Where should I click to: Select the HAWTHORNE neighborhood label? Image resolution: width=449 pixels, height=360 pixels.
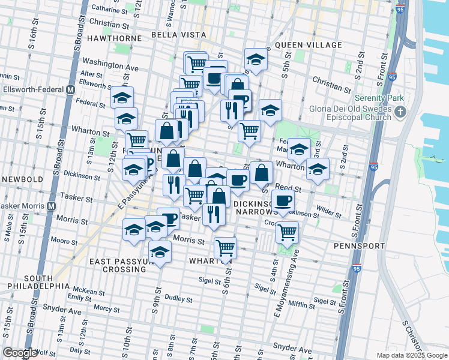tap(114, 38)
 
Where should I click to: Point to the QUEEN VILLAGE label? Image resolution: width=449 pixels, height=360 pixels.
tap(303, 45)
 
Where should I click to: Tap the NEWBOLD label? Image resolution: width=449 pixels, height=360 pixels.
tap(22, 179)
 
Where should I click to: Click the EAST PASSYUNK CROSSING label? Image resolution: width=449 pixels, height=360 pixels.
tap(118, 265)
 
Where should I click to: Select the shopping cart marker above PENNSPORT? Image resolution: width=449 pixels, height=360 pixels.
tap(288, 231)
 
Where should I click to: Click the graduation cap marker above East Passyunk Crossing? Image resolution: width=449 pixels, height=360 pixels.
tap(160, 252)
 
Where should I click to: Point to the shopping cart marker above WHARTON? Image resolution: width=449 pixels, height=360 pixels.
tap(225, 247)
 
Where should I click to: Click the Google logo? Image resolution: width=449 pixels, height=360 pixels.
tap(20, 353)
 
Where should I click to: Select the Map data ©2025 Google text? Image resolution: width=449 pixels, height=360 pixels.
tap(411, 355)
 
